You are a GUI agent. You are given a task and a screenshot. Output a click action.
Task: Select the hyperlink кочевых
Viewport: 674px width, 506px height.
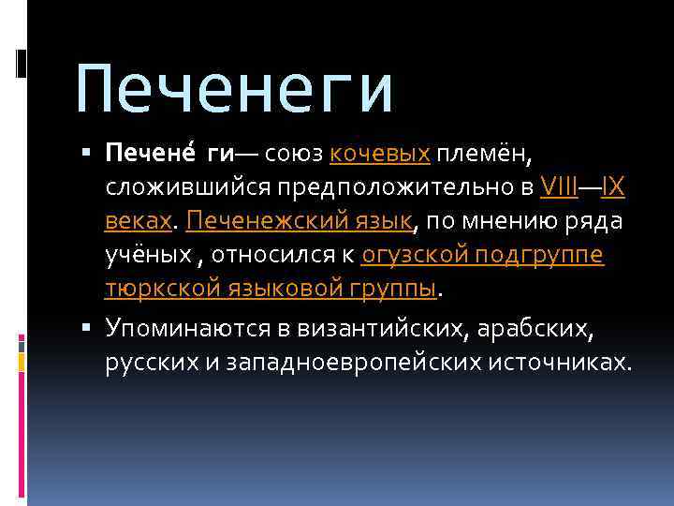click(x=379, y=153)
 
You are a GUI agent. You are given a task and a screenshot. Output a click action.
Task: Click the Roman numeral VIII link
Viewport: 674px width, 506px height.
click(x=558, y=186)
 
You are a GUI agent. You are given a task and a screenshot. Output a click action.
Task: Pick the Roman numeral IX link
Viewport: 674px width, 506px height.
click(x=613, y=186)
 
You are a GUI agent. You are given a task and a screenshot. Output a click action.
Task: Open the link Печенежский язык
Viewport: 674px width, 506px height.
click(x=299, y=221)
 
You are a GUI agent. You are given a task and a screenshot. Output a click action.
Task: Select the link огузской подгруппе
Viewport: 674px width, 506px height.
click(x=482, y=256)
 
